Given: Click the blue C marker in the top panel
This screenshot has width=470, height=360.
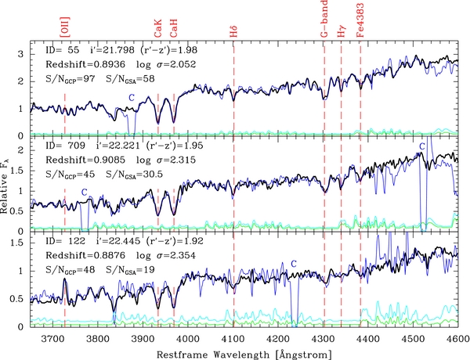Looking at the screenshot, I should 132,96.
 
